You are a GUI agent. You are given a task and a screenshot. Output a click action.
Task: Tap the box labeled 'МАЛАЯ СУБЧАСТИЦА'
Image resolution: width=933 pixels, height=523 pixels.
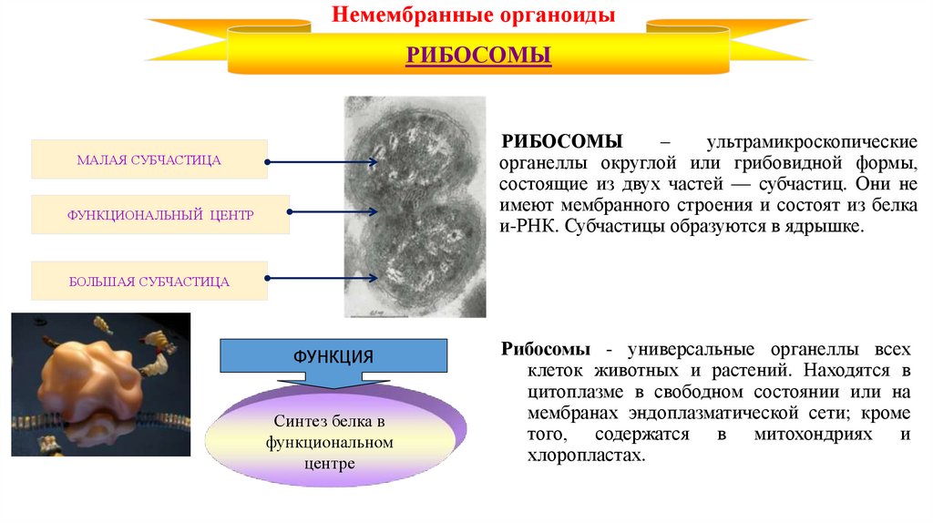[x=149, y=159]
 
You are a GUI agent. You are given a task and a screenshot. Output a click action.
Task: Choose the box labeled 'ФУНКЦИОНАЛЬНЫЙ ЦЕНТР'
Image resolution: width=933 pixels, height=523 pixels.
[x=160, y=215]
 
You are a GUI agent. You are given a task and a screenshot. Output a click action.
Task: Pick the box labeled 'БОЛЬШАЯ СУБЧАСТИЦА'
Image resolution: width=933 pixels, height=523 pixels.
[x=149, y=282]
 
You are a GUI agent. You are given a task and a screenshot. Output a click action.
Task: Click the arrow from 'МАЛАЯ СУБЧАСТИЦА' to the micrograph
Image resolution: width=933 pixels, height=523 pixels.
[x=322, y=163]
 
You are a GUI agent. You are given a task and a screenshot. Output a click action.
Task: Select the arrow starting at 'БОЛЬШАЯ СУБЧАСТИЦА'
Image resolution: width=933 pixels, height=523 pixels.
[x=322, y=277]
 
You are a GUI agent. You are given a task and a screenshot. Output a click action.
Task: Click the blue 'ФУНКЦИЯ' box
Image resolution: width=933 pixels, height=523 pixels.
[x=333, y=355]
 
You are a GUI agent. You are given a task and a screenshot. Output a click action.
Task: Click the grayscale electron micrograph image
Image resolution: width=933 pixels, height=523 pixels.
[x=415, y=207]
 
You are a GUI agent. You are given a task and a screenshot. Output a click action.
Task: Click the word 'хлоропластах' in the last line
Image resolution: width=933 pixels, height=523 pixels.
[x=584, y=456]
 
